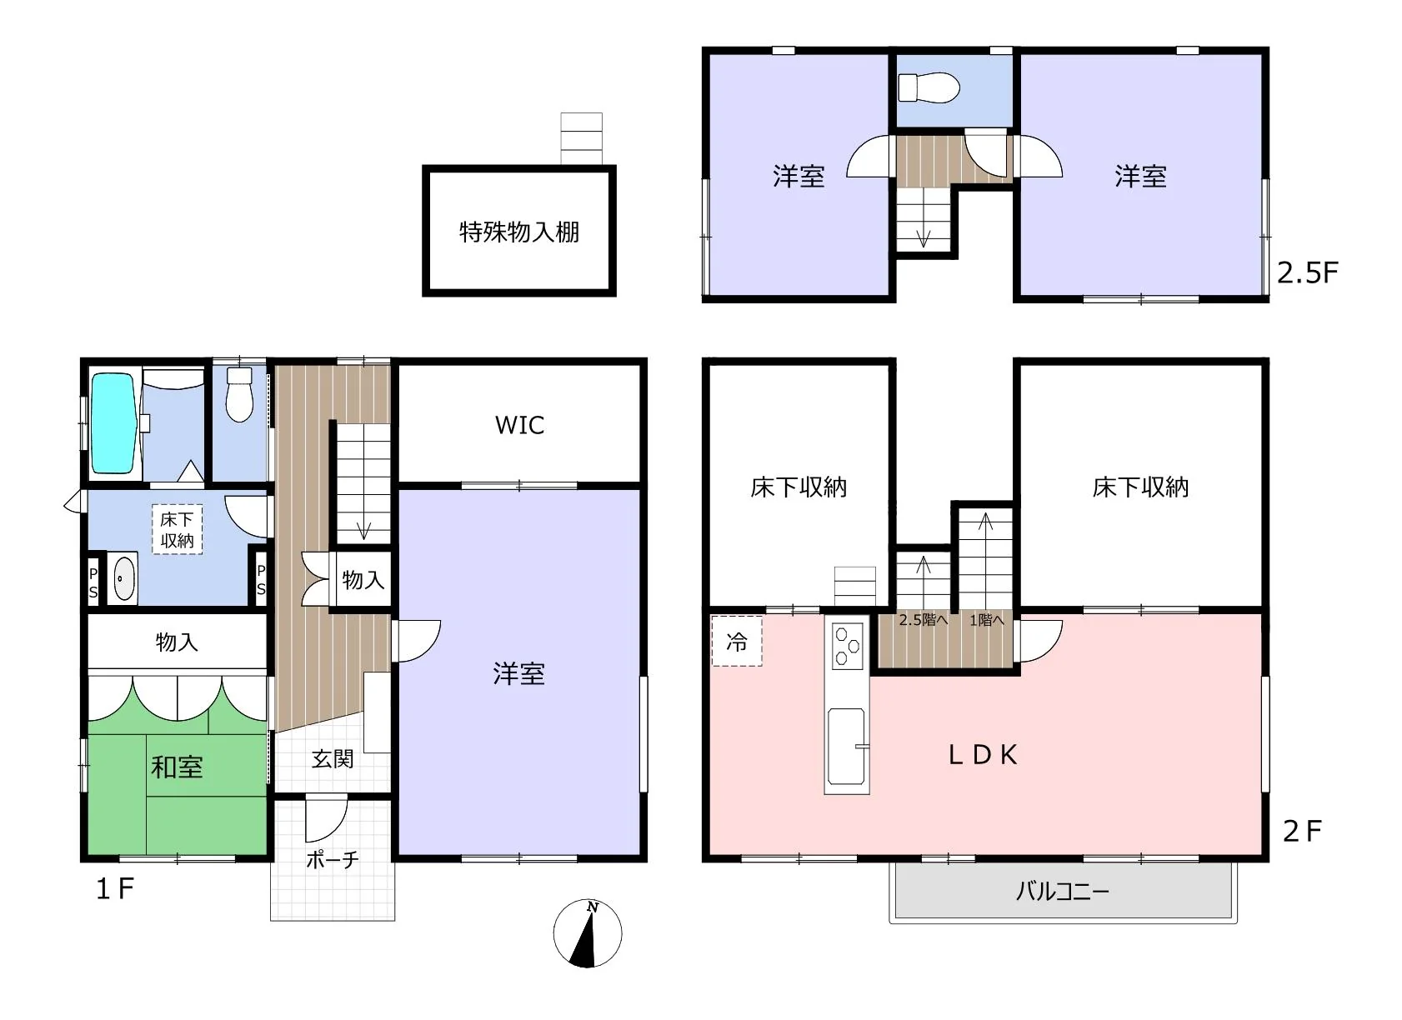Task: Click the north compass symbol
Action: (587, 933)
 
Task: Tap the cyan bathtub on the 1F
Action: (113, 423)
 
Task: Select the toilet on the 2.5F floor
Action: (929, 87)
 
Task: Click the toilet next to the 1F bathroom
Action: (238, 395)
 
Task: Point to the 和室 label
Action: (178, 767)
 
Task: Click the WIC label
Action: (519, 425)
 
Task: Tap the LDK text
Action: (983, 755)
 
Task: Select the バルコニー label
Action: (1062, 891)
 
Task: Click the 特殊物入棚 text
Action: (519, 232)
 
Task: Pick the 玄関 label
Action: (333, 759)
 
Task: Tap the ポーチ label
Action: (333, 859)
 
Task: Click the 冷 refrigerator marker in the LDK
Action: (737, 641)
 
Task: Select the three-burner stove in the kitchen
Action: (848, 645)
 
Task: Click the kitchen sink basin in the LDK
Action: (846, 746)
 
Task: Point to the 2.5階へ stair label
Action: (924, 620)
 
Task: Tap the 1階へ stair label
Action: (987, 620)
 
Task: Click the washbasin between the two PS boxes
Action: (124, 578)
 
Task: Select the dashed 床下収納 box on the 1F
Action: (178, 529)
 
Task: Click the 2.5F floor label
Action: (1308, 272)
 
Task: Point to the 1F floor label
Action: (115, 888)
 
